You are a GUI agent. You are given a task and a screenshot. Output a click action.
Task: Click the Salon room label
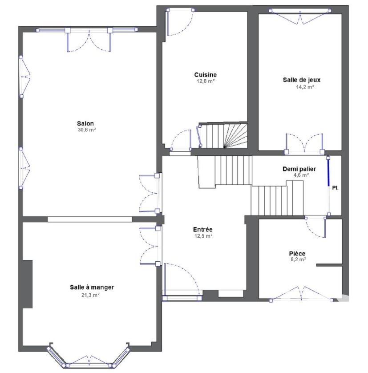tap(85, 123)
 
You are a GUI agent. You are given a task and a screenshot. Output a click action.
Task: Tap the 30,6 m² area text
tap(87, 130)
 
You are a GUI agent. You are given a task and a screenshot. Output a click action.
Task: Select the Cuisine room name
tap(206, 75)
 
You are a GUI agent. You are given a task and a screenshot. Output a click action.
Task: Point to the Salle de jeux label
tap(301, 80)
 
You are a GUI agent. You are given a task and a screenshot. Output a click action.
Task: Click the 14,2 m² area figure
tap(305, 87)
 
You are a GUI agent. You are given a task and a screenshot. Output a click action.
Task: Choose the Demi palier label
tap(299, 169)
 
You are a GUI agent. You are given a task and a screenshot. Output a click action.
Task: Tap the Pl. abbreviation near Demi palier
tap(335, 188)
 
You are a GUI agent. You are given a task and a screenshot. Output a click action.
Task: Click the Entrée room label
tap(202, 230)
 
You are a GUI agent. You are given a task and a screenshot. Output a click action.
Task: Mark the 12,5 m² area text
tap(203, 236)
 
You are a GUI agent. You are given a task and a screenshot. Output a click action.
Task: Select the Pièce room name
tap(297, 254)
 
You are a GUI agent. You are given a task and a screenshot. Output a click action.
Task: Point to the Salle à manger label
tap(92, 288)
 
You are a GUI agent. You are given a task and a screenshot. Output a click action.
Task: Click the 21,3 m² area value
tap(90, 295)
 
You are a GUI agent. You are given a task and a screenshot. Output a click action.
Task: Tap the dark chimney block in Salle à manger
tap(28, 284)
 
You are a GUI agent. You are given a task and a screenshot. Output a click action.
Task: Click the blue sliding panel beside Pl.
tap(328, 171)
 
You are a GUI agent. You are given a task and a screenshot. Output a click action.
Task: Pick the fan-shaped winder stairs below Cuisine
tap(235, 136)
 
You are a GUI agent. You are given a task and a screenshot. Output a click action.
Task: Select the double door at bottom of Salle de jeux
tap(304, 143)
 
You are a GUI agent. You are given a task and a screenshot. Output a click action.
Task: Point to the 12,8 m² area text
tap(206, 81)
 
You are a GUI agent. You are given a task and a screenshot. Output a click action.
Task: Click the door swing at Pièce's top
tap(315, 227)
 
